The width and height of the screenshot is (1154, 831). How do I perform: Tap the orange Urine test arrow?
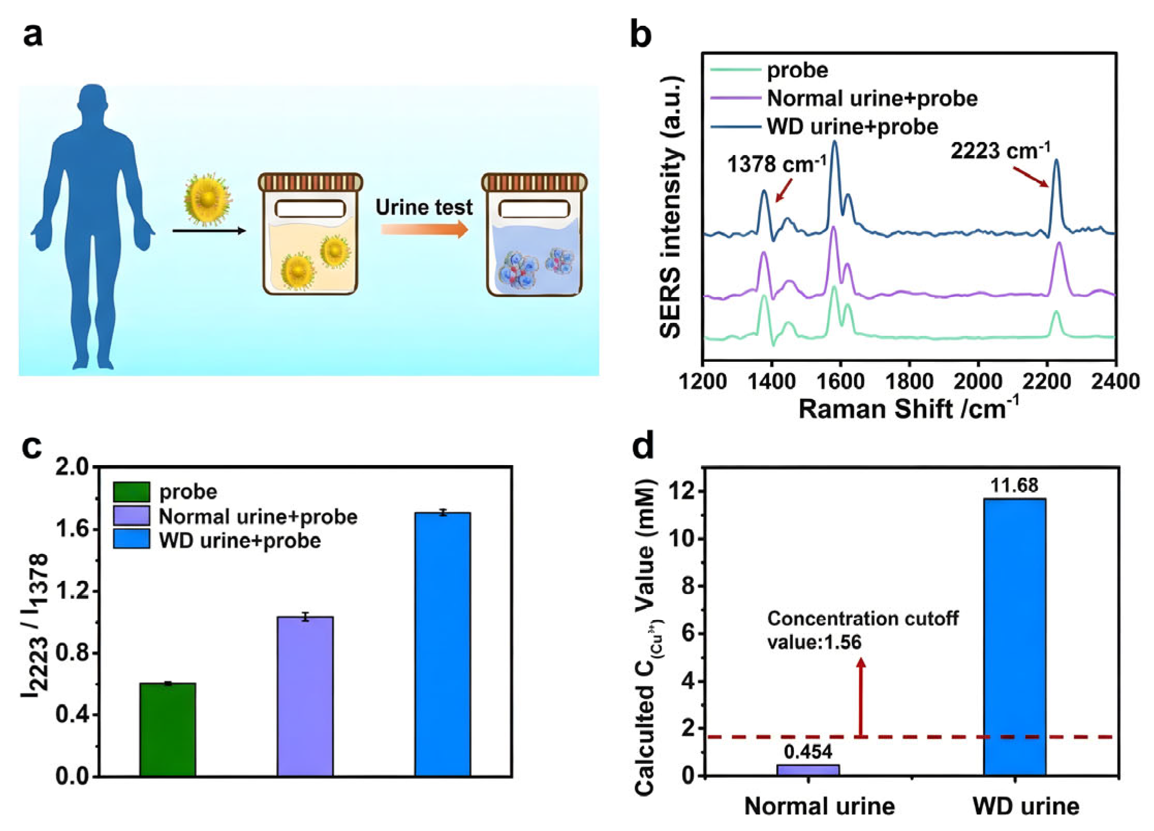point(424,229)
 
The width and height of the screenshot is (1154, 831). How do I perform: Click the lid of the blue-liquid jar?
point(534,182)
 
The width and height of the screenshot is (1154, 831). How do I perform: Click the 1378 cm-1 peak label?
point(776,165)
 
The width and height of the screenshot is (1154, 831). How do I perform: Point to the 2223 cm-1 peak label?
point(1000,151)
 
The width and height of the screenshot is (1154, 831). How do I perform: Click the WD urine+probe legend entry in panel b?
point(852,127)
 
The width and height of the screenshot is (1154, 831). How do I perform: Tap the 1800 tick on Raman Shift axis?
point(909,381)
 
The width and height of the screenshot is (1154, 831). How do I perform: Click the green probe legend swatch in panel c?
point(132,491)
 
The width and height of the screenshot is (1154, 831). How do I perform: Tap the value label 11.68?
point(1014,485)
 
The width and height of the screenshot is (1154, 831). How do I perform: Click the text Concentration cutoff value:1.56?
point(862,630)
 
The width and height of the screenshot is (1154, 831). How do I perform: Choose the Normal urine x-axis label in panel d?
point(819,807)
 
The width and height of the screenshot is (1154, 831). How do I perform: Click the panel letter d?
point(643,445)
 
